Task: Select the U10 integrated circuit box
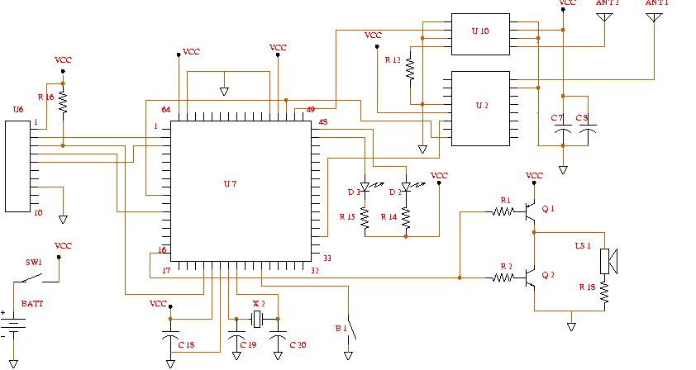click(479, 34)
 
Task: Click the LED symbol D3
click(365, 188)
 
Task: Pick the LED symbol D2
click(406, 189)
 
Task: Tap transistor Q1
click(530, 212)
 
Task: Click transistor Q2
click(530, 279)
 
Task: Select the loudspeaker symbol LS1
click(608, 261)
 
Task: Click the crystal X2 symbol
click(257, 320)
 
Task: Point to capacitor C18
click(170, 339)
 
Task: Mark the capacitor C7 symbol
click(562, 130)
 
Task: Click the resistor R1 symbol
click(504, 211)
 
